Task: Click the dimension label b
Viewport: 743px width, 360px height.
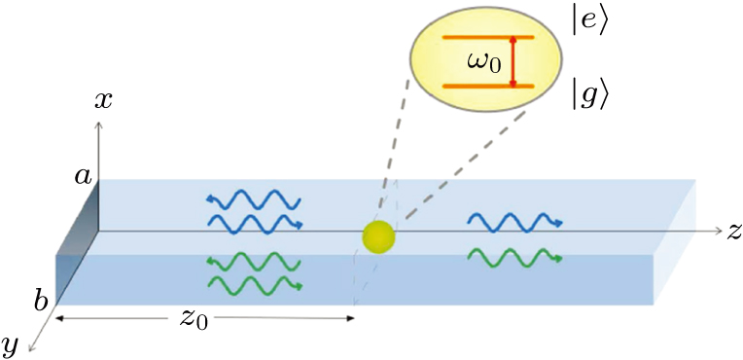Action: pos(42,299)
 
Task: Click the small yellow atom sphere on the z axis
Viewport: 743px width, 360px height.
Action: pos(376,235)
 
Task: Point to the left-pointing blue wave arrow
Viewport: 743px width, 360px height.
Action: pos(253,199)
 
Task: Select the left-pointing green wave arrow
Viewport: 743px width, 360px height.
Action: pos(253,263)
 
